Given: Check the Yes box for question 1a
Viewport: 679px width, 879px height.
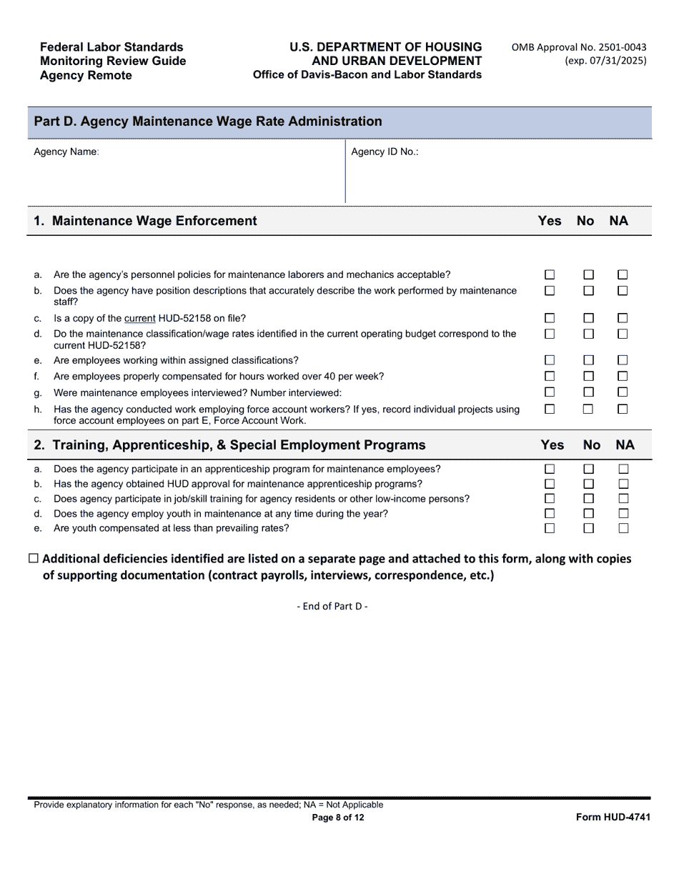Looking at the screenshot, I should (x=550, y=274).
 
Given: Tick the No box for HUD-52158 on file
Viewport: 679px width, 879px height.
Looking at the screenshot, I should (x=588, y=318).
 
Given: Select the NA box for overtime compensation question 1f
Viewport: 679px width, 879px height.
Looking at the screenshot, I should (x=623, y=376).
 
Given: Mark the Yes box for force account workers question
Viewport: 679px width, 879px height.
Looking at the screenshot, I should (x=550, y=409).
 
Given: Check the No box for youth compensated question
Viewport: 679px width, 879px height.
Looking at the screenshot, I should (x=588, y=528).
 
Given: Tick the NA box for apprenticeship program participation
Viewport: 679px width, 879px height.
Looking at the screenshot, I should (x=623, y=469).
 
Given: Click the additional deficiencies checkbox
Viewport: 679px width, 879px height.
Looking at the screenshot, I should (x=33, y=559).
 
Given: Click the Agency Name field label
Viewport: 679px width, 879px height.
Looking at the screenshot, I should (x=66, y=152).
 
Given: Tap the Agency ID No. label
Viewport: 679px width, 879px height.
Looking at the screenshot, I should (x=385, y=152).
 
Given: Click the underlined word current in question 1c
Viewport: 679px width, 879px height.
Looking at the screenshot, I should (x=139, y=319).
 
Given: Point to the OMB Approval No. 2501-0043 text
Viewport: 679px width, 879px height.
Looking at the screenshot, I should (x=578, y=47).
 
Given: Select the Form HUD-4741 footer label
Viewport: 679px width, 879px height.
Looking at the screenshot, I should (x=613, y=818).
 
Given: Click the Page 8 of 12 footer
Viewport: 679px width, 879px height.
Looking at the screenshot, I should (x=338, y=818).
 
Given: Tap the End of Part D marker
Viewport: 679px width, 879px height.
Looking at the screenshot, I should (x=332, y=606).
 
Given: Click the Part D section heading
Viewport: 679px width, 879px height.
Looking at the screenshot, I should (x=208, y=121).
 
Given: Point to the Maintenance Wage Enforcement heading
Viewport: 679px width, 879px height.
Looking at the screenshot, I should (x=154, y=221).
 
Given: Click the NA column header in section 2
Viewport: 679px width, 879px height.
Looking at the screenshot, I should (x=625, y=445).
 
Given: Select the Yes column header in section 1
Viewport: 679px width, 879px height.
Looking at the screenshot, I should (x=549, y=221).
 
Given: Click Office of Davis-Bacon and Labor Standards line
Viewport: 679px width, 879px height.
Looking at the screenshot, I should (x=367, y=75).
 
